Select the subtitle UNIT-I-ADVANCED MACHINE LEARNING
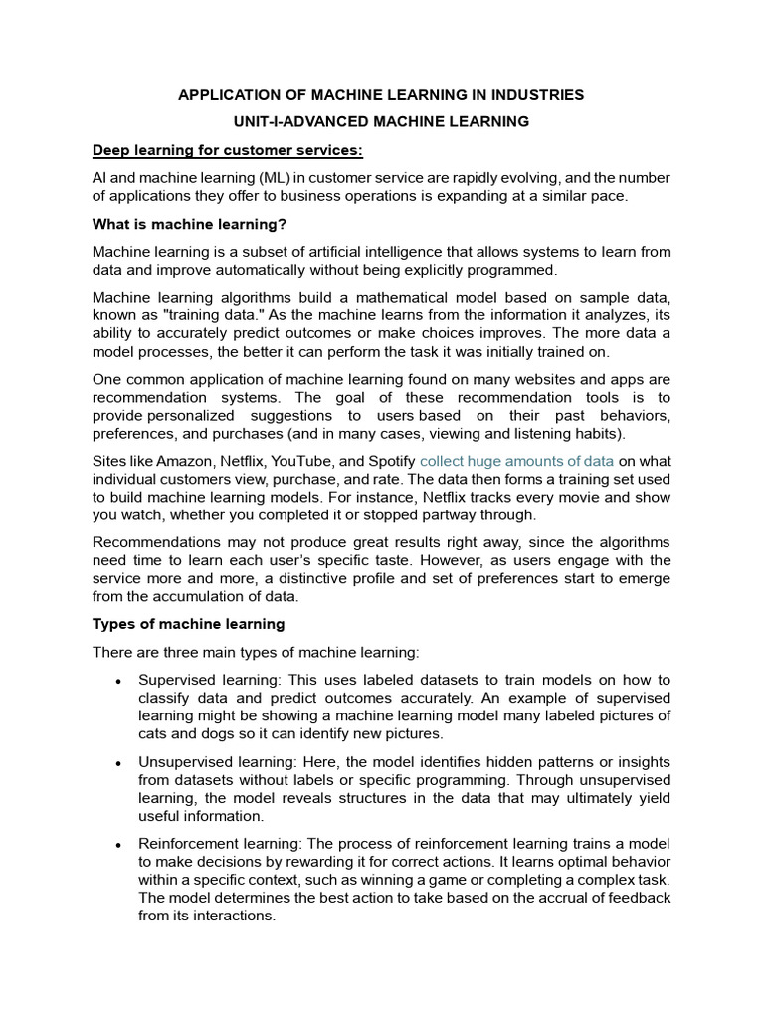tap(381, 122)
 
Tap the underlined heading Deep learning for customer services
tap(228, 150)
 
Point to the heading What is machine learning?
tap(189, 224)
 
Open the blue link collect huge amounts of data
tap(516, 461)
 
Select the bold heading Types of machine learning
tap(189, 624)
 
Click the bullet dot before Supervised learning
tap(118, 681)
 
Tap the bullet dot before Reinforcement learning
tap(118, 844)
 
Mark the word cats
tap(153, 734)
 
